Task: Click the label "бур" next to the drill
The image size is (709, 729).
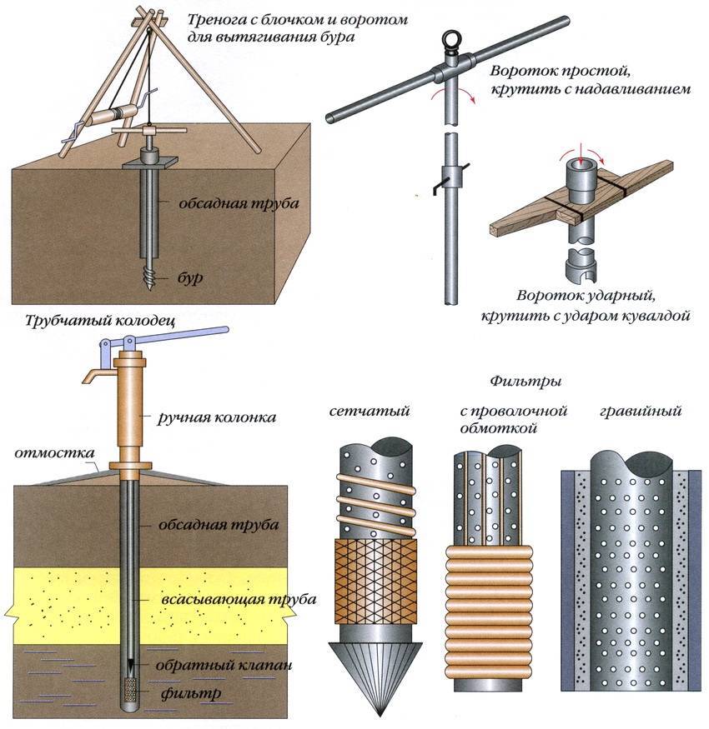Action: [192, 279]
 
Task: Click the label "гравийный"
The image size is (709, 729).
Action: [641, 411]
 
